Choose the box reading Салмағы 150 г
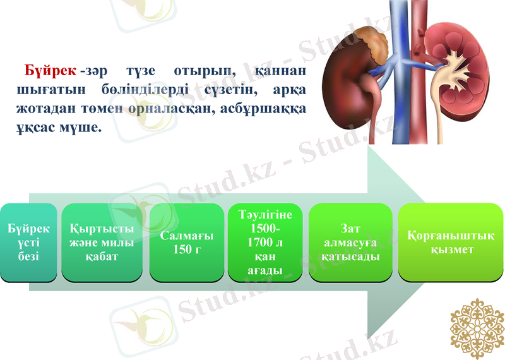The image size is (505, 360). click(187, 243)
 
